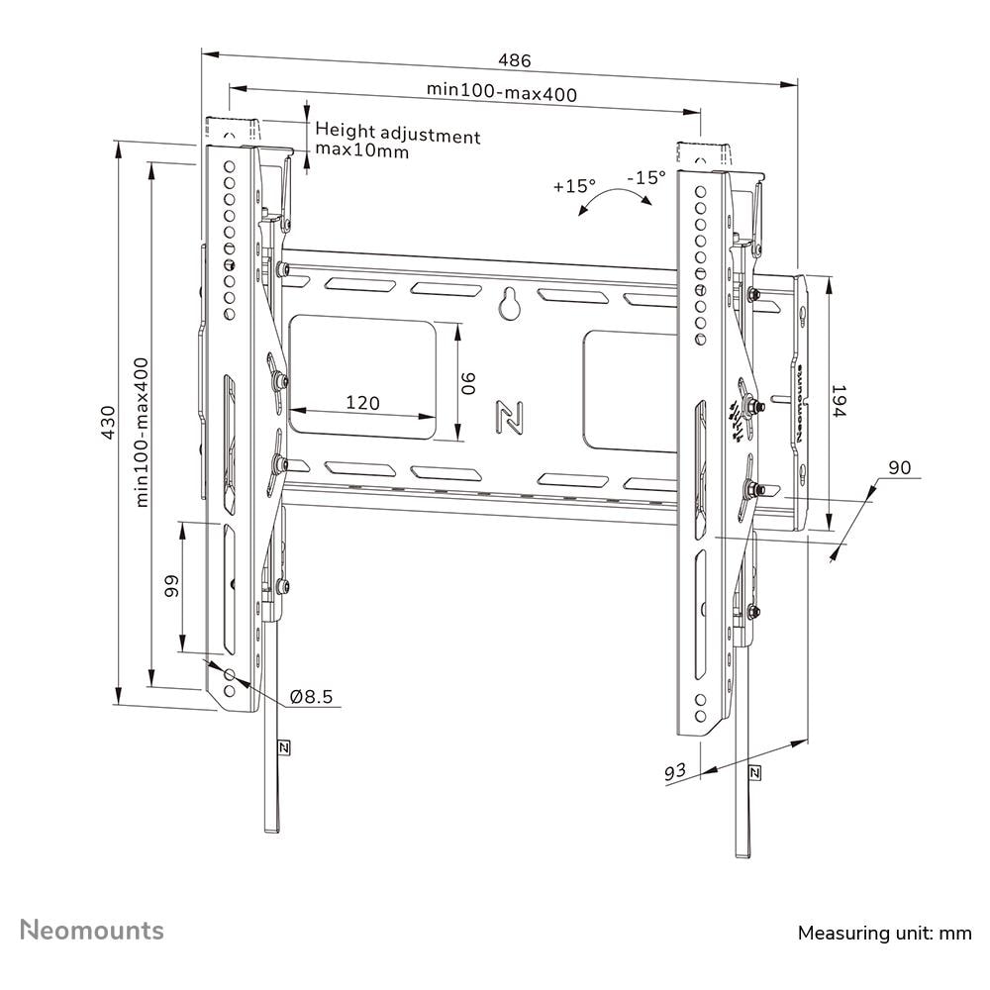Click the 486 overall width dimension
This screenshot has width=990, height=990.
tap(515, 60)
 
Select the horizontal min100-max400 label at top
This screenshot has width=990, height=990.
tap(502, 92)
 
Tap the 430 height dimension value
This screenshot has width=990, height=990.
tap(108, 423)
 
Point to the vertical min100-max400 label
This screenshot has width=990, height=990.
tap(142, 433)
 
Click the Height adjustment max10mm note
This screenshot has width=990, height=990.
tap(398, 141)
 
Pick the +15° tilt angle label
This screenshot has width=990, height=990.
tap(574, 186)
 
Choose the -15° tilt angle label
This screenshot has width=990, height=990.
tap(646, 177)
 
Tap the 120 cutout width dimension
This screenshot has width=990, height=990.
tap(363, 403)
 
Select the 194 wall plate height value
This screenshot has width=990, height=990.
tap(838, 401)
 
